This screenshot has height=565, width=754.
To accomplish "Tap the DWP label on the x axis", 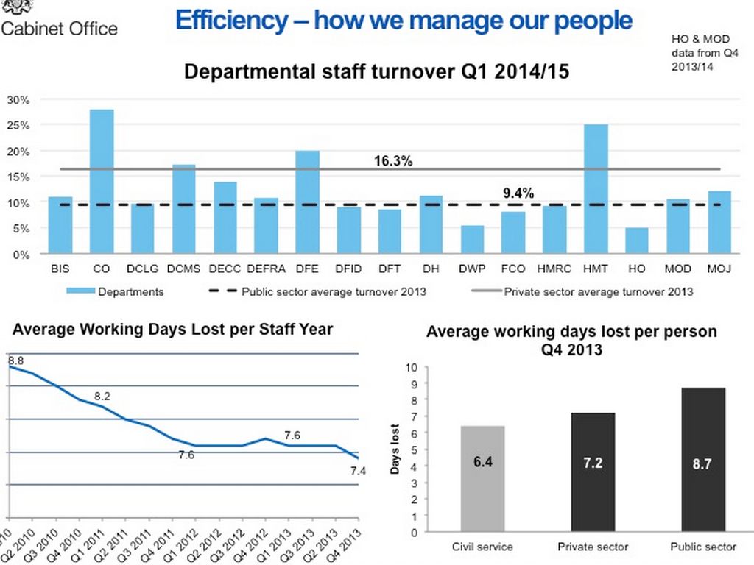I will tap(472, 269).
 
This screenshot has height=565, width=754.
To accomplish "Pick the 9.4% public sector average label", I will tap(518, 193).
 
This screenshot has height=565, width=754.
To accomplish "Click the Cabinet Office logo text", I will tap(59, 29).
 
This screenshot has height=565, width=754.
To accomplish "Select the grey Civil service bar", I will tap(483, 479).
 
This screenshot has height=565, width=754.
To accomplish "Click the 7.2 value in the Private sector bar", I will tap(593, 465).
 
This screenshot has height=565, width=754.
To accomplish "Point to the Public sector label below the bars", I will tap(703, 547).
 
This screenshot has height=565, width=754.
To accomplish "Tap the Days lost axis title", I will tap(395, 449).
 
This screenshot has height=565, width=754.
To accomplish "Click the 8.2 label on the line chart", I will tap(102, 397).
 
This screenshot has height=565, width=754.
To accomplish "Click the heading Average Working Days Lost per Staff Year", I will tap(172, 329).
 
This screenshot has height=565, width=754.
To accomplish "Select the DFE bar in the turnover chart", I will tap(308, 202).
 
